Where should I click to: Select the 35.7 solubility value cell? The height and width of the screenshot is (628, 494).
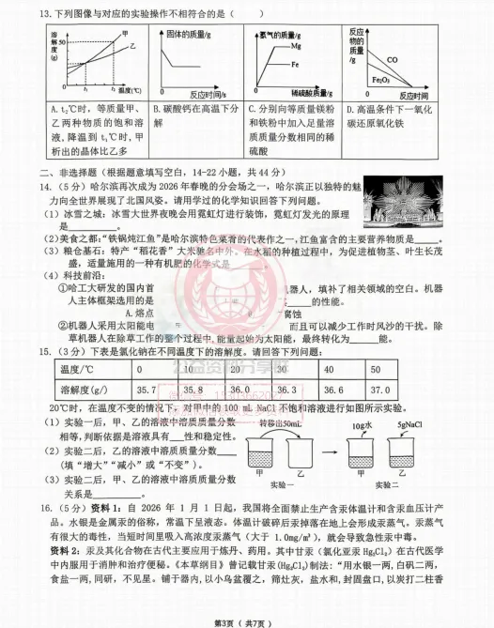(146, 389)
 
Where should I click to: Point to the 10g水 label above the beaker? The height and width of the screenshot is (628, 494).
(363, 426)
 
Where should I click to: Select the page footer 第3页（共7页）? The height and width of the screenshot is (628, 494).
(246, 620)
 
